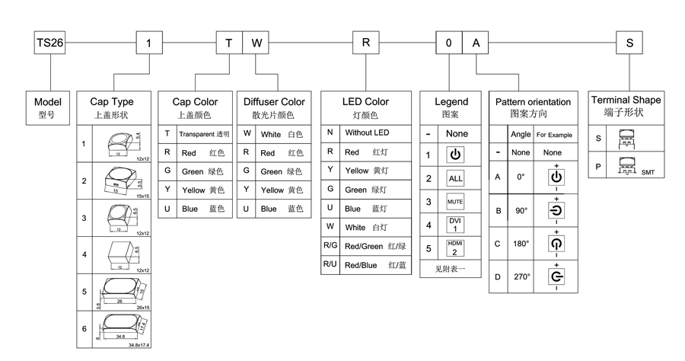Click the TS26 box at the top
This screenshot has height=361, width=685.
point(49,43)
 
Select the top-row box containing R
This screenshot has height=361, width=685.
point(365,43)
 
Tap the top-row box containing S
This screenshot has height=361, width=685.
point(629,43)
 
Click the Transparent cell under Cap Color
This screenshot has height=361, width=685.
point(203,133)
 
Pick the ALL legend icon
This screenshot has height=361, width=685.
point(455,178)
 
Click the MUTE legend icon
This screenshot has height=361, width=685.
point(455,202)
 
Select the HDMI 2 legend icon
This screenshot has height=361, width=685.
point(455,248)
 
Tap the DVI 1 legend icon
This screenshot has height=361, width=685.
point(455,225)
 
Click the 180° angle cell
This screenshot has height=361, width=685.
point(521,244)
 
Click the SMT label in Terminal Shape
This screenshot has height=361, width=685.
point(648,173)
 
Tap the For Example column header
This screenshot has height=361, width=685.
point(555,135)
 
